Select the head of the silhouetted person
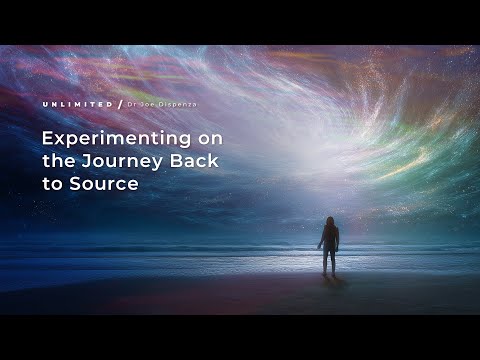328,221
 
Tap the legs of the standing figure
328,263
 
